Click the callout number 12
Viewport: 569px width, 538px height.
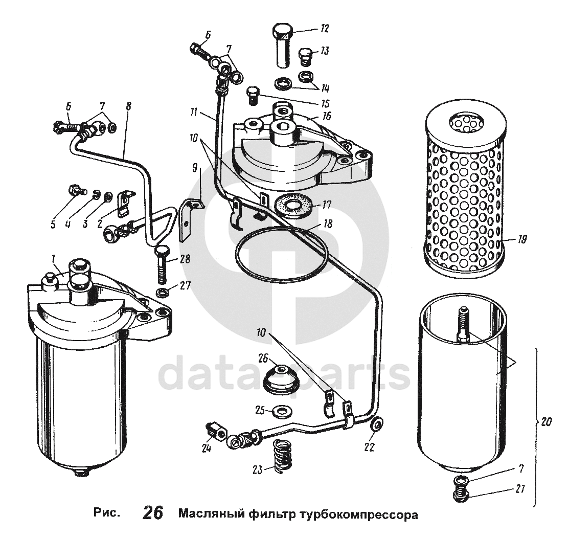coord(325,29)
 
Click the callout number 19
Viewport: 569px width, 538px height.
coord(521,239)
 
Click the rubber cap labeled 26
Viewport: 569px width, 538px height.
coord(280,379)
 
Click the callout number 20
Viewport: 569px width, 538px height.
coord(547,422)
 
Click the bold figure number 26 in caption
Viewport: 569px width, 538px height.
coord(152,512)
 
